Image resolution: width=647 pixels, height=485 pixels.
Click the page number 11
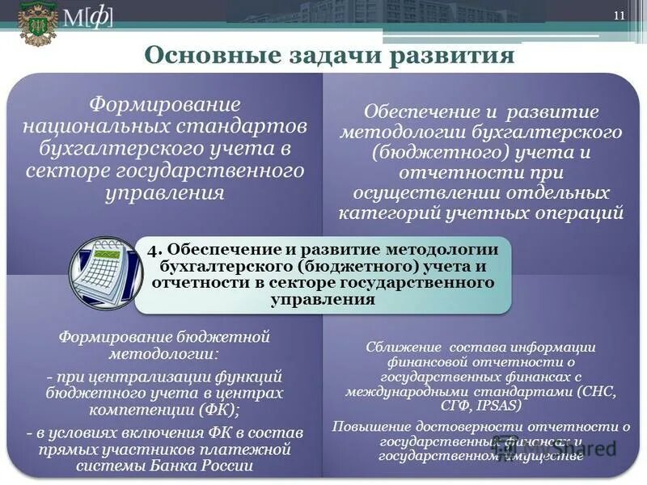pos(620,17)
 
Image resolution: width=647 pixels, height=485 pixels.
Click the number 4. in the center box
pos(156,250)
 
